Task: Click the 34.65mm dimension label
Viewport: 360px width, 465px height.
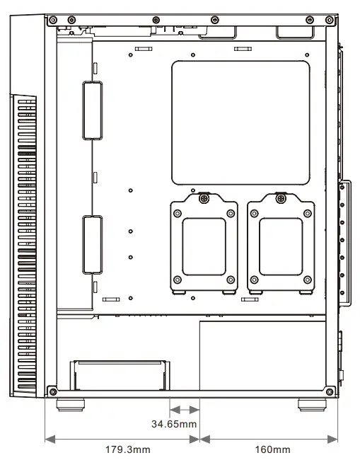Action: click(174, 424)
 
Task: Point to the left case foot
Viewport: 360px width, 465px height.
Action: click(69, 406)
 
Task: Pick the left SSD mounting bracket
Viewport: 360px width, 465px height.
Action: click(204, 245)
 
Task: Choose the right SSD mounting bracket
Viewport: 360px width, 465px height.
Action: click(281, 245)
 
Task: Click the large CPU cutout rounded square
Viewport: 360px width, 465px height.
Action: click(241, 122)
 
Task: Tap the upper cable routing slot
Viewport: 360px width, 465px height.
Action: click(92, 110)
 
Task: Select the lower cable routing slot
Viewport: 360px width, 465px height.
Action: click(92, 244)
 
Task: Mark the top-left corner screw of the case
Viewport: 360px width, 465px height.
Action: click(52, 21)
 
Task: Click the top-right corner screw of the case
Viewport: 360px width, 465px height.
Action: click(330, 21)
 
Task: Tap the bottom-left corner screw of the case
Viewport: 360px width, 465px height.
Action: click(52, 390)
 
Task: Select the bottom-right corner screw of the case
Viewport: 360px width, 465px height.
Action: click(330, 390)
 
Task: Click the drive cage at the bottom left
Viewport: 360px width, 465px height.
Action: click(118, 375)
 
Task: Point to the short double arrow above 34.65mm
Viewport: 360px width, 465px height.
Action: click(185, 410)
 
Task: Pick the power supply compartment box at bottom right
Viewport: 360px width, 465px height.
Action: click(263, 356)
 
